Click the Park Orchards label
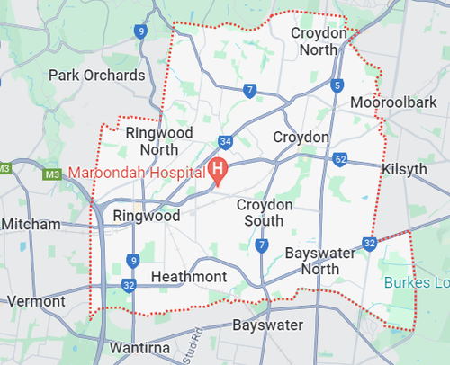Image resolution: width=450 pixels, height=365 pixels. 96,75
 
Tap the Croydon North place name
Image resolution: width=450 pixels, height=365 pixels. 319,40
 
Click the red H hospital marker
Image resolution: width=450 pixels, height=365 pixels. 218,168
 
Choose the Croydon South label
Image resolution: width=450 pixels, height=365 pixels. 265,213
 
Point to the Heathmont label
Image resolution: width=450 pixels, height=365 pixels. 189,276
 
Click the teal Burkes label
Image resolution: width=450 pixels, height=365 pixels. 417,282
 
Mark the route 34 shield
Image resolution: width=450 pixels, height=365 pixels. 225,142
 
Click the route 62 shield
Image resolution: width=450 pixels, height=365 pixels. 338,159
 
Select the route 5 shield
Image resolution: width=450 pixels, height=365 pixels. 337,85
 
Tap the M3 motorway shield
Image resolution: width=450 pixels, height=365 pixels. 5,168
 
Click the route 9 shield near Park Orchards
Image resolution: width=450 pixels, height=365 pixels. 140,31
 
